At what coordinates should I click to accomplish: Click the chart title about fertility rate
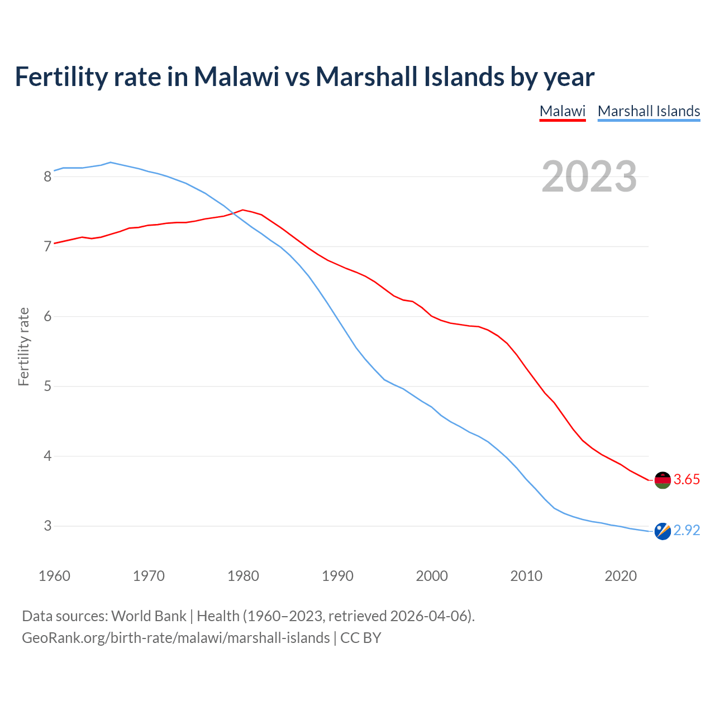pyautogui.click(x=304, y=77)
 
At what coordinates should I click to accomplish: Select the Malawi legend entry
pyautogui.click(x=563, y=111)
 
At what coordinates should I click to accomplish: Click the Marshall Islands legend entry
pyautogui.click(x=649, y=111)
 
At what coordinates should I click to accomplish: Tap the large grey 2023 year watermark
pyautogui.click(x=589, y=177)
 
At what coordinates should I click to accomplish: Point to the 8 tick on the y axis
pyautogui.click(x=47, y=177)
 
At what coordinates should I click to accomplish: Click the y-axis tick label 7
pyautogui.click(x=47, y=247)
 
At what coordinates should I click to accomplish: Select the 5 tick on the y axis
pyautogui.click(x=47, y=387)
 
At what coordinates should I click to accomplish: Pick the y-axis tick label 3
pyautogui.click(x=47, y=526)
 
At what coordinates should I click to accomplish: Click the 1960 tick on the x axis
pyautogui.click(x=54, y=576)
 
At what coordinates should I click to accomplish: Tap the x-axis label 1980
pyautogui.click(x=243, y=576)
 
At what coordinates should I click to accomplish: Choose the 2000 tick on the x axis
pyautogui.click(x=432, y=576)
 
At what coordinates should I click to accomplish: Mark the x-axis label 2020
pyautogui.click(x=621, y=576)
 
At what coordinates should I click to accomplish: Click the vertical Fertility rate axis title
pyautogui.click(x=23, y=346)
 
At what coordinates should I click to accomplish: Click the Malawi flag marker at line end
pyautogui.click(x=662, y=480)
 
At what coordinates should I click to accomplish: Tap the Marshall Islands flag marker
pyautogui.click(x=662, y=531)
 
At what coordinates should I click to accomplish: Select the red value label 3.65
pyautogui.click(x=687, y=480)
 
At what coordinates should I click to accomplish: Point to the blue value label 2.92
pyautogui.click(x=687, y=531)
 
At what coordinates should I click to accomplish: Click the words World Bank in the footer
pyautogui.click(x=149, y=616)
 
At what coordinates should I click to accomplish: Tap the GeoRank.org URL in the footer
pyautogui.click(x=176, y=638)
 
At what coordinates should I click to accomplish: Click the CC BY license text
pyautogui.click(x=361, y=638)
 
